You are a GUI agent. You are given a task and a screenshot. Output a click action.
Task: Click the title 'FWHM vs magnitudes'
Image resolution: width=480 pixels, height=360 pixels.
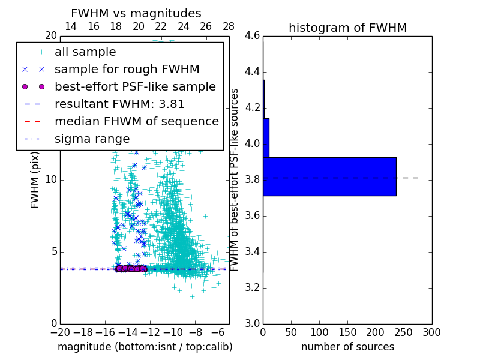pos(136,13)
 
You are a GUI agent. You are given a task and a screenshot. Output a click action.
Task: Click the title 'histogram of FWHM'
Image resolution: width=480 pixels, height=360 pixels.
pos(347,28)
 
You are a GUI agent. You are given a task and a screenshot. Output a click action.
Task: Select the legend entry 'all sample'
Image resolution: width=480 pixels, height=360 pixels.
pos(85,52)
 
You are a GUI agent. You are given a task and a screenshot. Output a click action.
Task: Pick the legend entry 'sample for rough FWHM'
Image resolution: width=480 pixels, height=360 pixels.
pos(127,69)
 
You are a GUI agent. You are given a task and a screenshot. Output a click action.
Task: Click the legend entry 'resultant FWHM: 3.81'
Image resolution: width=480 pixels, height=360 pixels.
pos(119,104)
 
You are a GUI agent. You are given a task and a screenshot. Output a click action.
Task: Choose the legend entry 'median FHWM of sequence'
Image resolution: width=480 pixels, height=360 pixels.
pos(136,121)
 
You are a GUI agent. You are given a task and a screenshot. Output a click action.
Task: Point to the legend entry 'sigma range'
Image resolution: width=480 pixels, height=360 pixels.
pos(92,139)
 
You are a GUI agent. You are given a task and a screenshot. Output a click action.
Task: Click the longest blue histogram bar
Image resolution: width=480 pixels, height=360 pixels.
pos(329,176)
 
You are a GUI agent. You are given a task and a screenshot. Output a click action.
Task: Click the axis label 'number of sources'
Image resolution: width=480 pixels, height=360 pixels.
pos(347,347)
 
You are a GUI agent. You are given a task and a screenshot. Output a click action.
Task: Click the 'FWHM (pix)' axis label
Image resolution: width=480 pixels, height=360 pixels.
pos(35,180)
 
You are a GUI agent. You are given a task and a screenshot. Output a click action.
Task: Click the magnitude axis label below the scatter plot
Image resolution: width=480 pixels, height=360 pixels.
pos(145,347)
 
